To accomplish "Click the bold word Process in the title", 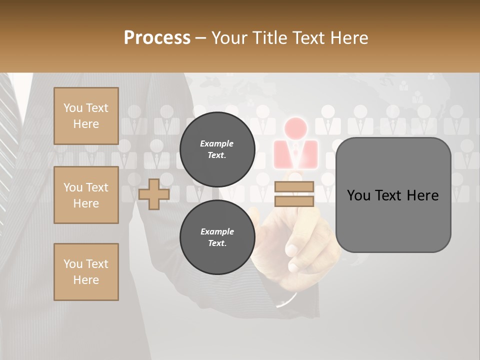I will point(157,38).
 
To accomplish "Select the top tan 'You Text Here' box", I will point(86,116).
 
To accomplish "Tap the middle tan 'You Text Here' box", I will point(86,195).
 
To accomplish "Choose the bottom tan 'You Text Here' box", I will point(86,272).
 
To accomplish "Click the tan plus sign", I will point(154,194).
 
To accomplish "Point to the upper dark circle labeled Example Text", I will point(217,149).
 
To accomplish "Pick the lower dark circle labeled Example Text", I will point(217,237).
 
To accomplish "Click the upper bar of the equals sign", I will point(294,187).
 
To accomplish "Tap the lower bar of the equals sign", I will point(294,201).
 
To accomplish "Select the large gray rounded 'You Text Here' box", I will point(393,195).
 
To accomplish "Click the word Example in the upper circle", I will point(217,143).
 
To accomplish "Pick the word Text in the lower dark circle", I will point(217,243).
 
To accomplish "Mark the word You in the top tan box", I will point(72,108).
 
